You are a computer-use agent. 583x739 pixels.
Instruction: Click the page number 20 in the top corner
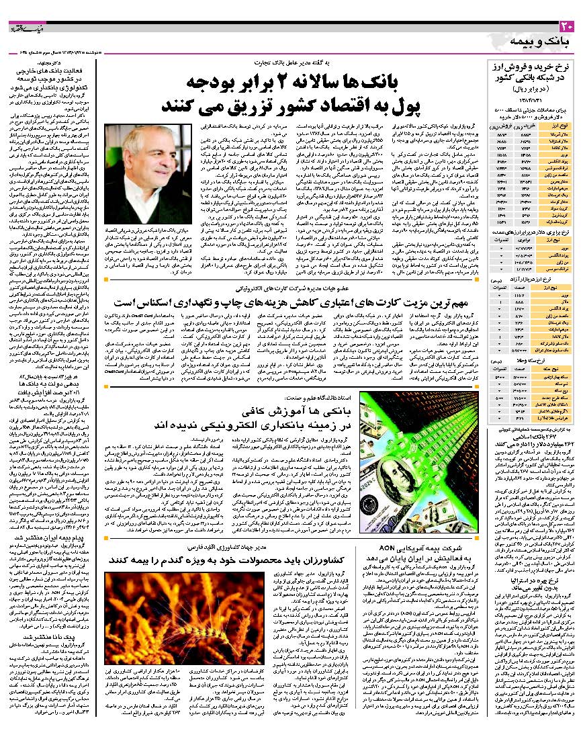click(x=567, y=28)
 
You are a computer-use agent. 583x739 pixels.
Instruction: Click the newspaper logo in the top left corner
click(x=24, y=30)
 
